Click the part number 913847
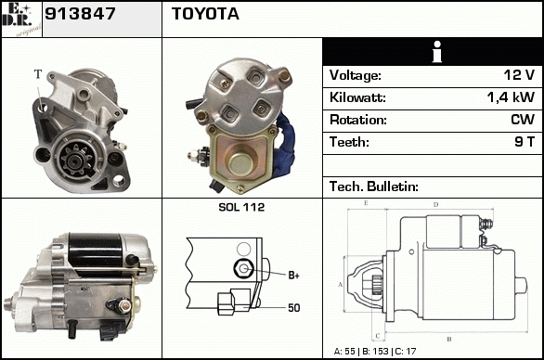(80, 14)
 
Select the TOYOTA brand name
(205, 14)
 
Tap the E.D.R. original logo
(21, 19)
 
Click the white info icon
(437, 52)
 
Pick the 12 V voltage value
(519, 75)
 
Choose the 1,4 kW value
(511, 97)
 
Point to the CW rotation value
(523, 120)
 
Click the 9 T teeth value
(525, 142)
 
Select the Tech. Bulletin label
(374, 186)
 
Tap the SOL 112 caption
(241, 207)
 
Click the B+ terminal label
(293, 276)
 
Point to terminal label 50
(294, 308)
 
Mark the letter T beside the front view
(38, 74)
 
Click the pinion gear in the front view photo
(75, 160)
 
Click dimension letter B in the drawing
(449, 339)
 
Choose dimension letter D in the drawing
(436, 205)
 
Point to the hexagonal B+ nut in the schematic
(243, 268)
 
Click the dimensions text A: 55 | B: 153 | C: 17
(375, 352)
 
